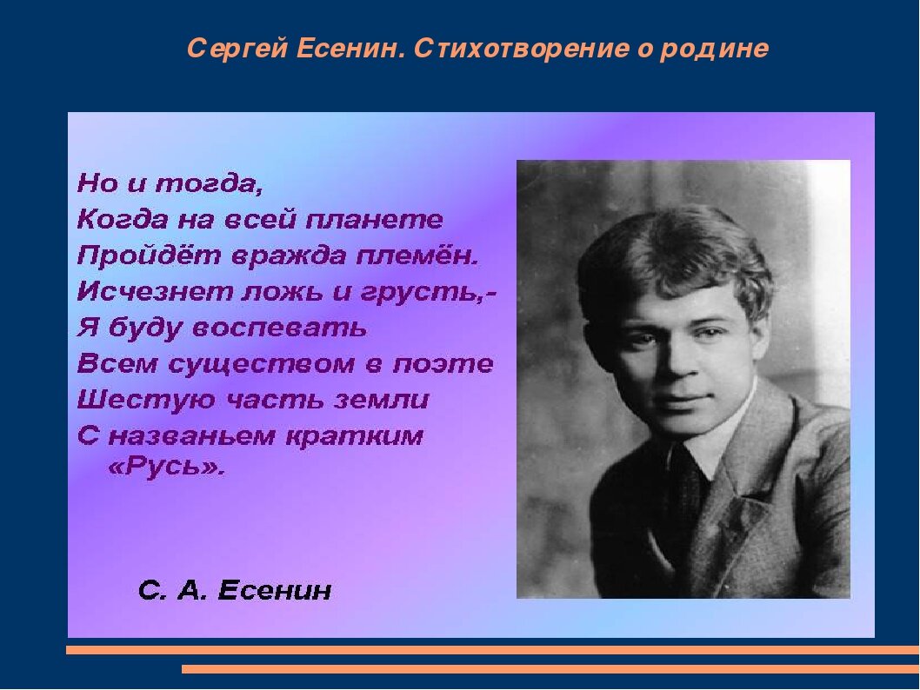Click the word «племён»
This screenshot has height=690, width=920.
[415, 255]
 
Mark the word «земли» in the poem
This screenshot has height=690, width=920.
[382, 401]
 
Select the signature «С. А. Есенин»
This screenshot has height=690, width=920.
[235, 590]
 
